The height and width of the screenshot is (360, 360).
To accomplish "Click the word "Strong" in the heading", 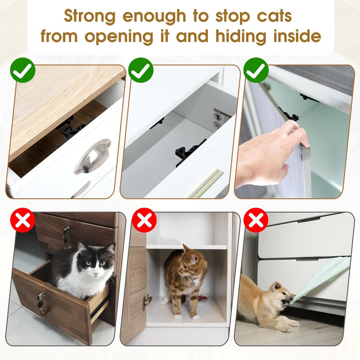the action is [x=90, y=17].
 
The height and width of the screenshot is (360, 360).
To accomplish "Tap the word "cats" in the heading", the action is [x=274, y=16].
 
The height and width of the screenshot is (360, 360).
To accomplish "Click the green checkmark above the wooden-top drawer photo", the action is [x=23, y=70].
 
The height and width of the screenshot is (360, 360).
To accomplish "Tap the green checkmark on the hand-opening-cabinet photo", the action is [x=256, y=70].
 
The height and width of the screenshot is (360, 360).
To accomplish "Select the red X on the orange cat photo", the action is [x=144, y=220].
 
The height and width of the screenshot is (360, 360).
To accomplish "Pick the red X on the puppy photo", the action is [x=256, y=220].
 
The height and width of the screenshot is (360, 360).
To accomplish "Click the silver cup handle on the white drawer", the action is [x=93, y=156].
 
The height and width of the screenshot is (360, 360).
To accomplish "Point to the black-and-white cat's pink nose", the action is [x=95, y=274].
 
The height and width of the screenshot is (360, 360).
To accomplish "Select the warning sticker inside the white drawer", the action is [x=221, y=118].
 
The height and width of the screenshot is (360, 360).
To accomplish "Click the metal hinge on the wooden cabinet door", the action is [x=147, y=301].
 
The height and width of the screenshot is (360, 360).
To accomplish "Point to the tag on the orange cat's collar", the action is [x=193, y=283].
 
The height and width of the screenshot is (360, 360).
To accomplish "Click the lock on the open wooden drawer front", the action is [x=41, y=297].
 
